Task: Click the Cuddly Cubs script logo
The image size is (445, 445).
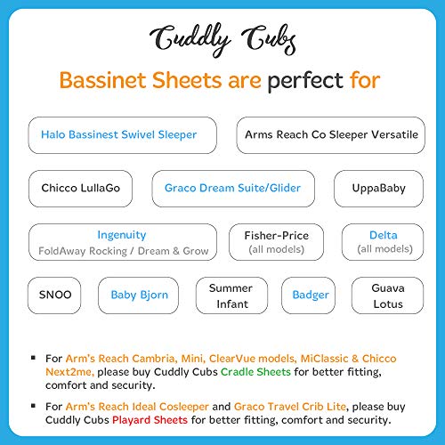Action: [222, 37]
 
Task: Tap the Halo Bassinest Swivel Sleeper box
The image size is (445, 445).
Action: [118, 135]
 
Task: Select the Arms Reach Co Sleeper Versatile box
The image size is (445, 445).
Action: [326, 135]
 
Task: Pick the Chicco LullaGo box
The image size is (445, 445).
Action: [80, 189]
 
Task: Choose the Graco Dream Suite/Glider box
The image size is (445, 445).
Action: [232, 189]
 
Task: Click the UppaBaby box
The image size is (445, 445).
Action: [373, 189]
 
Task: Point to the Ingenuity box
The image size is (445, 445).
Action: [122, 242]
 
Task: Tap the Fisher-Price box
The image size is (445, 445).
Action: [277, 242]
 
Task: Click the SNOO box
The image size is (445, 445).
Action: [55, 295]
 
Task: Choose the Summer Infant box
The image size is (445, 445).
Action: [231, 295]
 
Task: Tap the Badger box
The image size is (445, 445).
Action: [311, 295]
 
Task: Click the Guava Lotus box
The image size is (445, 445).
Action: [388, 295]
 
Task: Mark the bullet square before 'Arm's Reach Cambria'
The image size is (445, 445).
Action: [33, 359]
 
